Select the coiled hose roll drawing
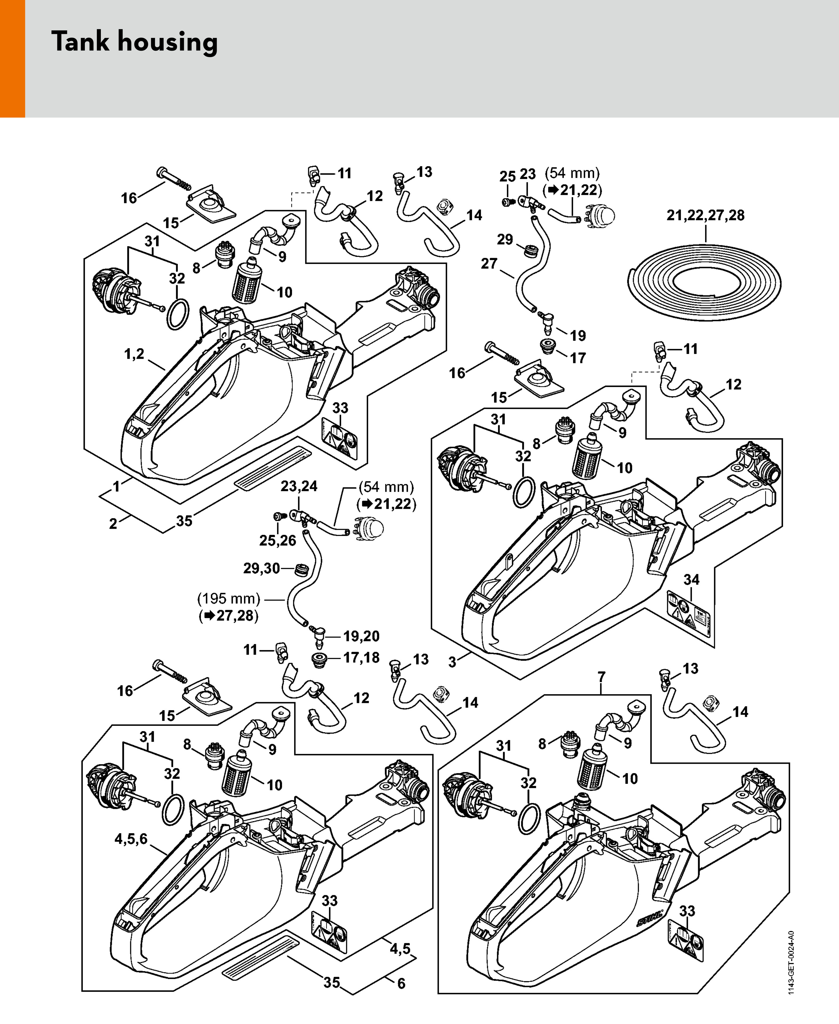(x=705, y=282)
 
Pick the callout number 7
(x=601, y=677)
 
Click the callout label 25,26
(x=278, y=541)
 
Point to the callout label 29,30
(x=262, y=569)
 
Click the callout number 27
(x=489, y=264)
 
